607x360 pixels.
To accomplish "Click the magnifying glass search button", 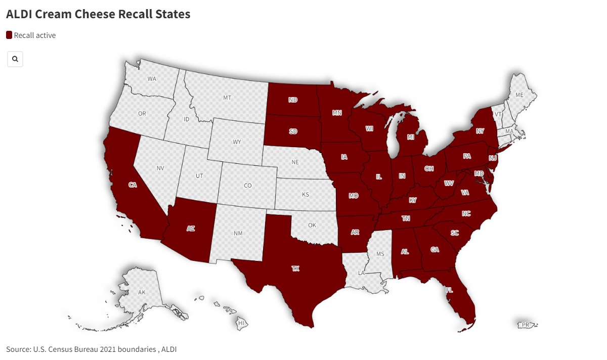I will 15,59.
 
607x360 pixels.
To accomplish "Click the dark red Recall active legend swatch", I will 9,35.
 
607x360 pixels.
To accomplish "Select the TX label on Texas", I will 295,268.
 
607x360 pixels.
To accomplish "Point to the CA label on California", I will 133,185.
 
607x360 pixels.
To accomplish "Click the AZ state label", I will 191,229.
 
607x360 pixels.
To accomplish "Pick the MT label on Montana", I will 227,98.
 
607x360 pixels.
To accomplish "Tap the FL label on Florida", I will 449,290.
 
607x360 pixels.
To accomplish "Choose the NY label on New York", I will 480,131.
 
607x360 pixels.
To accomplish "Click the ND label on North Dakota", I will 293,100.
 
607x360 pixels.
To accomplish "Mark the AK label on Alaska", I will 142,292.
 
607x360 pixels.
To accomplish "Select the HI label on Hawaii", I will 242,323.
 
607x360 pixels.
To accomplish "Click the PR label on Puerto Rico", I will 526,325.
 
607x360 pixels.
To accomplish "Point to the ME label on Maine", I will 519,95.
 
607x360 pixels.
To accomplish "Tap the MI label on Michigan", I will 411,138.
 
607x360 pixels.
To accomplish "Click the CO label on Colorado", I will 248,186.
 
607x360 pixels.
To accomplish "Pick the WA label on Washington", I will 152,79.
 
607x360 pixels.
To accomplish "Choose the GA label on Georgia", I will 435,249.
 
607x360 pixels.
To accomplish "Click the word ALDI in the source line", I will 169,349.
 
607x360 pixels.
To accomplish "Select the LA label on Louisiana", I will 362,273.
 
